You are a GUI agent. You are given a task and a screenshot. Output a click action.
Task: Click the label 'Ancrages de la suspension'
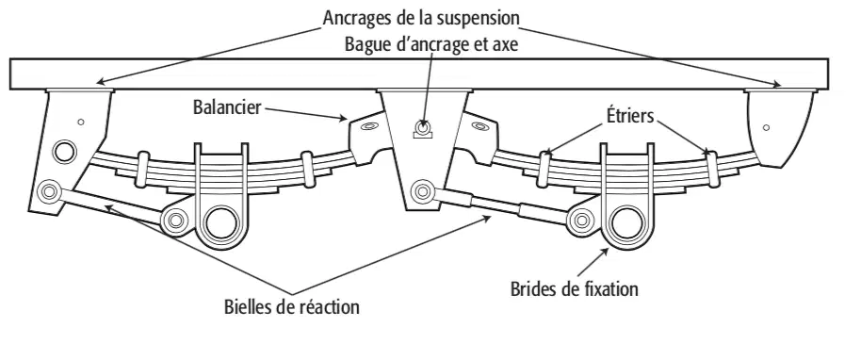(421, 18)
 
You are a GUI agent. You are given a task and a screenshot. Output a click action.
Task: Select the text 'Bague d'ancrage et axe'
(431, 44)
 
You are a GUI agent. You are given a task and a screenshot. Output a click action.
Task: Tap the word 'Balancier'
(227, 107)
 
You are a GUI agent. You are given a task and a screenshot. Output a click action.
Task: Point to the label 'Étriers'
(630, 115)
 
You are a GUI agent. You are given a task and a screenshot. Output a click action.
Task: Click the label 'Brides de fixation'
(575, 288)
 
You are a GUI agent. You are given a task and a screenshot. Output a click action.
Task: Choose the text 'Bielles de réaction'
(292, 306)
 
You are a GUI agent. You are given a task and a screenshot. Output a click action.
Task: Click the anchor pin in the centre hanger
(423, 127)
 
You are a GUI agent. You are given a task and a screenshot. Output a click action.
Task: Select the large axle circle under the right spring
(626, 224)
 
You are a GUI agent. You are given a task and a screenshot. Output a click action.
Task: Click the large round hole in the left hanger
(64, 151)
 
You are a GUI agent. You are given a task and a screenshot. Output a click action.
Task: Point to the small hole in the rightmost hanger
(766, 127)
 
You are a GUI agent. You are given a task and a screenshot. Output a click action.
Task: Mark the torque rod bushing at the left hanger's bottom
(49, 192)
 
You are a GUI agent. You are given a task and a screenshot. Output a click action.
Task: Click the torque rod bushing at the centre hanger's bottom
(422, 191)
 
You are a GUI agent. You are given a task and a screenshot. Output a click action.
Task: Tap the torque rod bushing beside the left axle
(175, 221)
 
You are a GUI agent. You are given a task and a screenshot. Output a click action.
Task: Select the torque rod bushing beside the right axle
(580, 221)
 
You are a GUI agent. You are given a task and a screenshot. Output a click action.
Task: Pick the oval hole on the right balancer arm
(479, 126)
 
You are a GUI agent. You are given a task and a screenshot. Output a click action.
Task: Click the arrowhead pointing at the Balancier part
(344, 117)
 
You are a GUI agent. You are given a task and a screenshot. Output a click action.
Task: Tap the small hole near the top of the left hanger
(81, 122)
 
